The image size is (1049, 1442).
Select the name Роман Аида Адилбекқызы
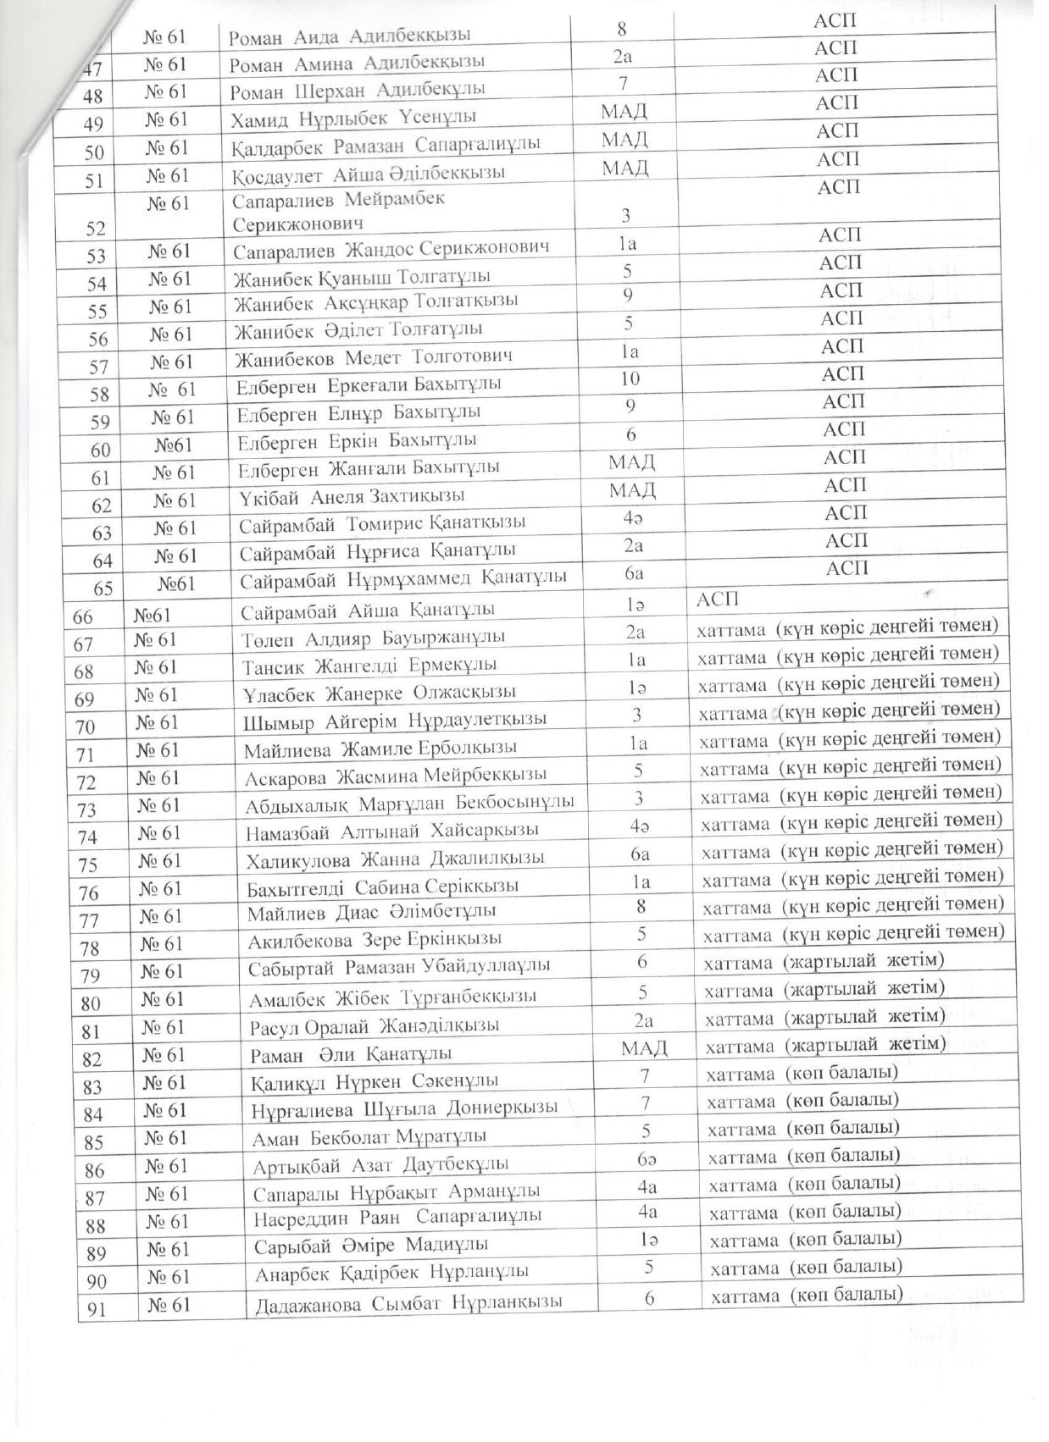click(x=351, y=36)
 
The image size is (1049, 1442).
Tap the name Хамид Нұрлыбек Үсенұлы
click(x=353, y=117)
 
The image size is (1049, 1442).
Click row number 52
click(x=97, y=228)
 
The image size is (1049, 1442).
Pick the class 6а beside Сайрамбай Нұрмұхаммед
click(x=634, y=573)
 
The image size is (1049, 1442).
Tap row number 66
click(x=83, y=616)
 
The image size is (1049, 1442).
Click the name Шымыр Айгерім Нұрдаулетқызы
click(x=395, y=720)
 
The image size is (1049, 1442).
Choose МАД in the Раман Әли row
click(x=644, y=1048)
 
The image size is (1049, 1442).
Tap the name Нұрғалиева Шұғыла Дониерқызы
click(x=405, y=1108)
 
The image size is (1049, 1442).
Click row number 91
click(x=97, y=1309)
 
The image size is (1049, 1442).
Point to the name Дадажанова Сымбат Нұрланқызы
click(x=408, y=1302)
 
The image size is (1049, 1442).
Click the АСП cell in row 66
click(x=717, y=599)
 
